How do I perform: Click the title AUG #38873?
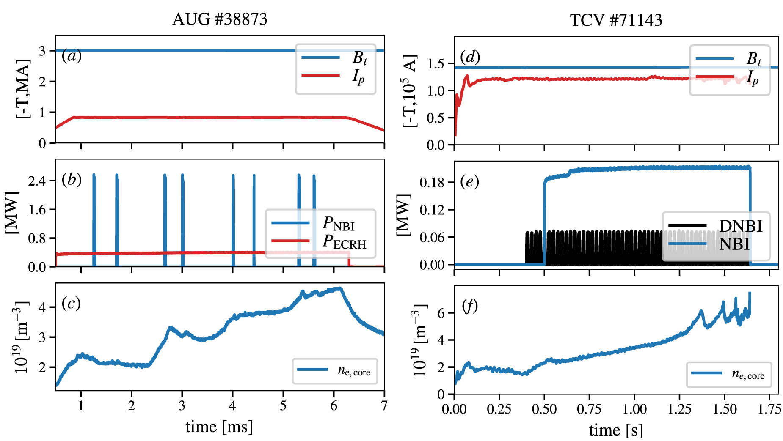tap(220, 19)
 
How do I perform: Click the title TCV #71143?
tap(615, 20)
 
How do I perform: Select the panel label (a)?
tap(72, 55)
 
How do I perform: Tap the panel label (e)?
tap(469, 181)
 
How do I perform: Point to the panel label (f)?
tap(469, 305)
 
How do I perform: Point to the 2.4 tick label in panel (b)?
tap(37, 181)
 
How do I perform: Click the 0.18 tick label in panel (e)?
tap(432, 183)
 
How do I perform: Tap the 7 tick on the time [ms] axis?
tap(384, 405)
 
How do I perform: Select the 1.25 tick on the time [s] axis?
tap(679, 409)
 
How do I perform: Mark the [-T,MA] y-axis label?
tap(23, 89)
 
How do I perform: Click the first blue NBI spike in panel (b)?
tap(94, 220)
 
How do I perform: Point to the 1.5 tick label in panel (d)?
tap(436, 64)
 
